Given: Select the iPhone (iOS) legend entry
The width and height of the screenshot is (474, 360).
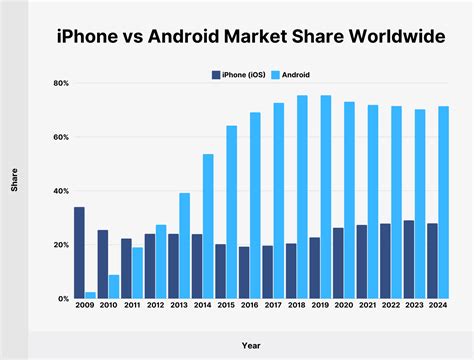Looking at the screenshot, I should (x=239, y=73).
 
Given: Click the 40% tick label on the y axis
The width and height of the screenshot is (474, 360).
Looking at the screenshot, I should (x=60, y=191).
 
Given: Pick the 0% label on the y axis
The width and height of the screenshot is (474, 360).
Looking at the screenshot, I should (x=62, y=299).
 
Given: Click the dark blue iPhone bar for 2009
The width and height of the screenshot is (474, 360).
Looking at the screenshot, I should (x=79, y=253).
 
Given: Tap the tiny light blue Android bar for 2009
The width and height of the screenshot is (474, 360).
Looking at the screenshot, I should (x=90, y=295).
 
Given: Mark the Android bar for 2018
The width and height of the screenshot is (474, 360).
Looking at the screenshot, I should (x=302, y=197).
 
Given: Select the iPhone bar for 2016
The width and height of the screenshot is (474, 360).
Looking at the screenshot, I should (x=244, y=272).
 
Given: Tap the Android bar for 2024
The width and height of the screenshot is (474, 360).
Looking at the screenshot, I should (x=443, y=202).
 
